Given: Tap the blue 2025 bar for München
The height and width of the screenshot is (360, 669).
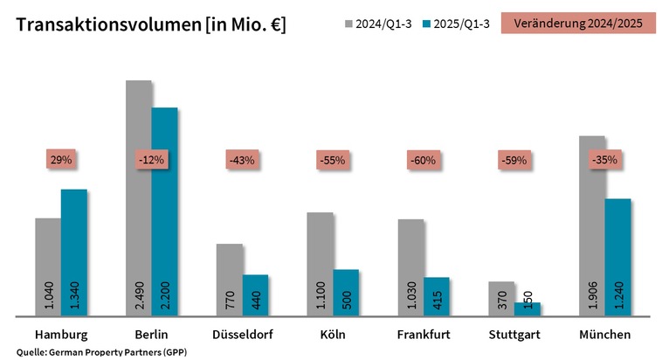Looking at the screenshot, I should coord(617,257).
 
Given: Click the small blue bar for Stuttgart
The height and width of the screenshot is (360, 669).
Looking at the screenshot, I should coord(528,308).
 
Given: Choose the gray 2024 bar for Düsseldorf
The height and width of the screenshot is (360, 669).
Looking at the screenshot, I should coord(229,280).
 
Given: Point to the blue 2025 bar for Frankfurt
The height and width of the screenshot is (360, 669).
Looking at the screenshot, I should coord(437,296).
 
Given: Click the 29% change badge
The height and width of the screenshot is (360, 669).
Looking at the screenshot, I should coord(60,160).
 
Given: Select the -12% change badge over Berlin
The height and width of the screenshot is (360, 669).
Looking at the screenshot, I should coord(151,160).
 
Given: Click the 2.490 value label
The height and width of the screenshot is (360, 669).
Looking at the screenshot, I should coord(139,293).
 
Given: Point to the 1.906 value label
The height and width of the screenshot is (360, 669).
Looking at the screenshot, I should coord(591,293).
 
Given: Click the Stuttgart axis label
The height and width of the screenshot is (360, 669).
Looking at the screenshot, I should coord(514,335).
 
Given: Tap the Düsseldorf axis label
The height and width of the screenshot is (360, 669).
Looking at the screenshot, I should coord(242,335).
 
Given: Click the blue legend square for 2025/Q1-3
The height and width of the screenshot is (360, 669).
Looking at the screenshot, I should coord(425,24).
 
